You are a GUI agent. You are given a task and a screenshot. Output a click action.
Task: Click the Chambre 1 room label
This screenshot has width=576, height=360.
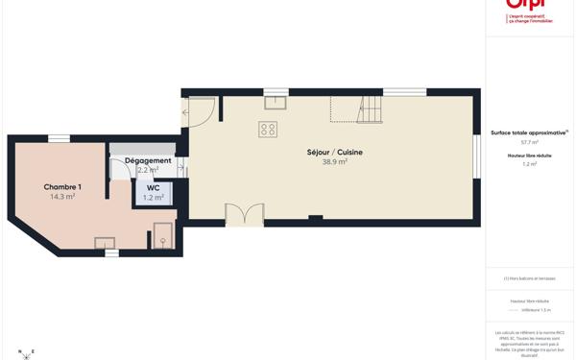(x=62, y=187)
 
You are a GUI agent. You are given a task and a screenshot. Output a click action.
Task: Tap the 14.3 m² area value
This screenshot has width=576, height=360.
(x=62, y=197)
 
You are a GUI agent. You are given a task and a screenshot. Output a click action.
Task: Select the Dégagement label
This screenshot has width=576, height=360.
(x=148, y=160)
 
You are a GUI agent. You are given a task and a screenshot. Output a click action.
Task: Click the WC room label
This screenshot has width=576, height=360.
(x=154, y=187)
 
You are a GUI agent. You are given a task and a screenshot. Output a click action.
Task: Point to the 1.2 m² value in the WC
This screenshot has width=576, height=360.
(x=154, y=198)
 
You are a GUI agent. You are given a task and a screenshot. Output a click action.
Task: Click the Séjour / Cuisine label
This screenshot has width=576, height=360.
(x=334, y=152)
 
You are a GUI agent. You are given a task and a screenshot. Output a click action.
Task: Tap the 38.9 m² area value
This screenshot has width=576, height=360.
(x=334, y=162)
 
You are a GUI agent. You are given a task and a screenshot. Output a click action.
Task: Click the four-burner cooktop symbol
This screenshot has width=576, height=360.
(x=268, y=130)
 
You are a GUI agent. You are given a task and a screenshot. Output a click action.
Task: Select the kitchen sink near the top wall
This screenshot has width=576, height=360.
(x=276, y=103)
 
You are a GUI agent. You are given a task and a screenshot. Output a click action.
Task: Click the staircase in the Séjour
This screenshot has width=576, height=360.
(x=369, y=109)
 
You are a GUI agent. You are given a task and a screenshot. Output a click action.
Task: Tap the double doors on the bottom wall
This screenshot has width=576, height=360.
(x=244, y=215)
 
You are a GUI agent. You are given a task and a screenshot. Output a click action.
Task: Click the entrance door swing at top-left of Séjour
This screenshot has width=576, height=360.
(x=200, y=112)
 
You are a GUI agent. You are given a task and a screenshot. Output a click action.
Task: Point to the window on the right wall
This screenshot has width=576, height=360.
(x=476, y=156)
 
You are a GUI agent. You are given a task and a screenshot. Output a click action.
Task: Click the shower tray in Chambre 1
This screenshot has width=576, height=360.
(x=163, y=236)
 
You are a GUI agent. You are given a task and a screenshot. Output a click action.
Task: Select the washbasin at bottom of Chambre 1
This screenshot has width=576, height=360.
(x=105, y=243)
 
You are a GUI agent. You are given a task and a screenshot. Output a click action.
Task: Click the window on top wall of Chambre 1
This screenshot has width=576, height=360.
(x=59, y=138)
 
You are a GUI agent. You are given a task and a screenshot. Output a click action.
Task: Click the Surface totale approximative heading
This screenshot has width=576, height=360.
(x=529, y=132)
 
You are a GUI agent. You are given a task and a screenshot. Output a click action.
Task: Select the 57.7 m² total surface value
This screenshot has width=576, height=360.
(x=529, y=142)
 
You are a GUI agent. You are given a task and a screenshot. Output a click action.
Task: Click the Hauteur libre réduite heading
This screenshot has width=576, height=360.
(x=529, y=155)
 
